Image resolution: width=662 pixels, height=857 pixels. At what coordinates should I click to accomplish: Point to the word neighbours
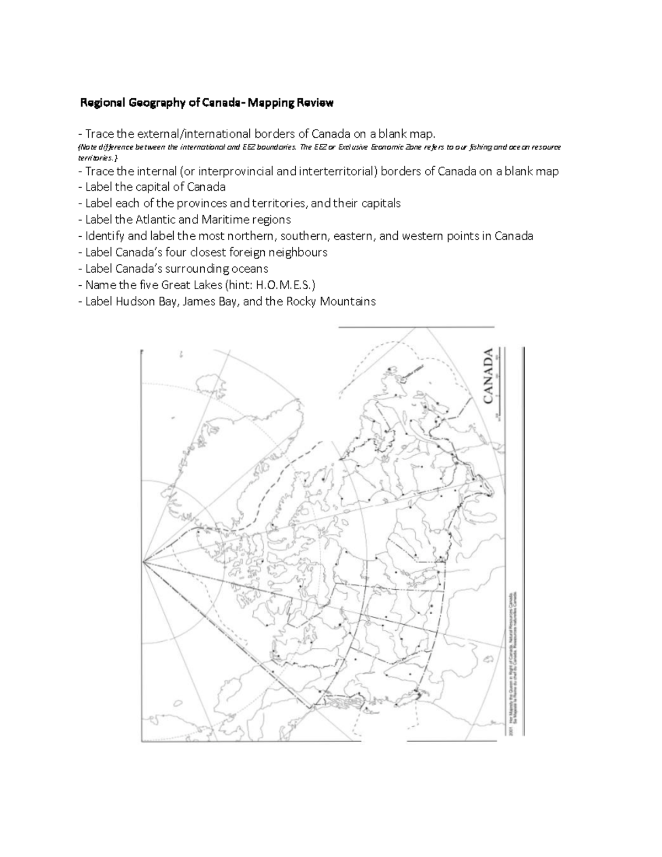coord(298,253)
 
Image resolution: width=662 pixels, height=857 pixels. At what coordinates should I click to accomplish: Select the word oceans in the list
coord(250,269)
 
